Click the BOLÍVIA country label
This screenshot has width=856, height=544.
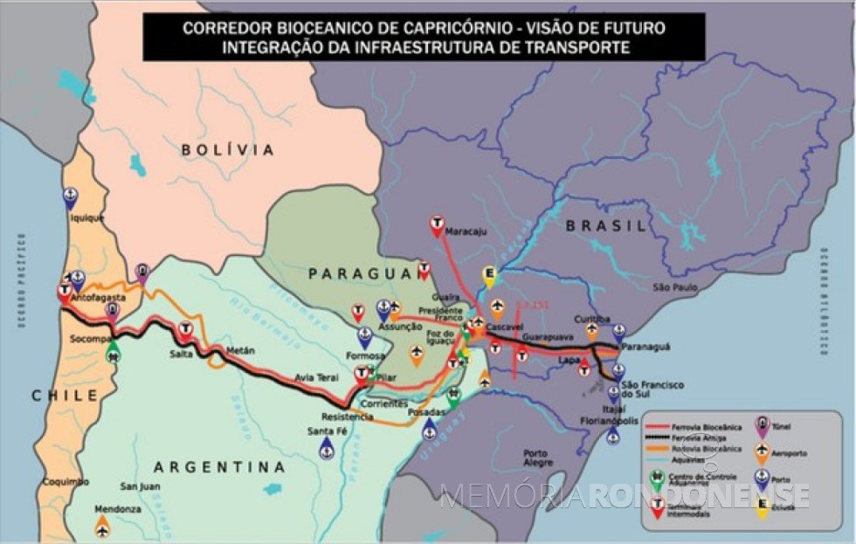pos(228,150)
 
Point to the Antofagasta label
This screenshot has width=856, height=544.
pos(101,298)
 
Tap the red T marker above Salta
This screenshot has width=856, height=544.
pos(185,329)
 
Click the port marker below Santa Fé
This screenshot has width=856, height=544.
pos(327,448)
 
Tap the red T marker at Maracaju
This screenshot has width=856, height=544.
pos(436,225)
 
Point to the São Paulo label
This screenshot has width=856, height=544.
pos(677,287)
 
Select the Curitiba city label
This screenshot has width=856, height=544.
pos(592,319)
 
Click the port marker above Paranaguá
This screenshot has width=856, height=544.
pos(619,333)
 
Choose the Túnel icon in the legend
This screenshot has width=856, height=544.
pos(762,425)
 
